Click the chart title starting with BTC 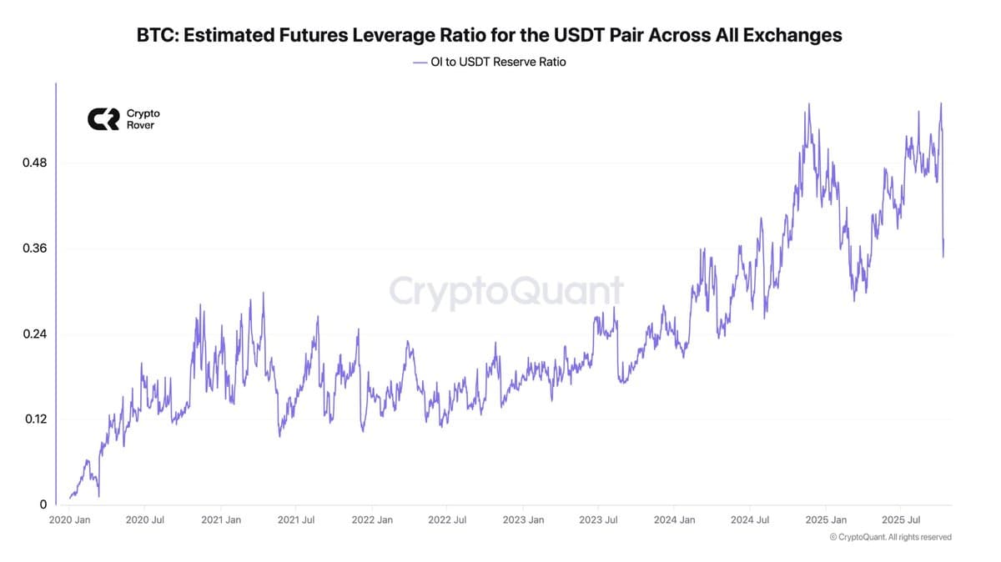point(489,35)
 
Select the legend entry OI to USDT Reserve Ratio point(490,62)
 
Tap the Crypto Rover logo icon point(103,119)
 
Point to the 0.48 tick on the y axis point(34,163)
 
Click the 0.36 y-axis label point(34,248)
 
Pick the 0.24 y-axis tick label point(34,334)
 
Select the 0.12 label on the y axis point(34,419)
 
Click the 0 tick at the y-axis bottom point(43,504)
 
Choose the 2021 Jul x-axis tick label point(296,520)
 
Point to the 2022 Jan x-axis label point(372,520)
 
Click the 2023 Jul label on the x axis point(599,520)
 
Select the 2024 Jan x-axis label point(674,520)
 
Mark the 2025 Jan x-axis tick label point(825,520)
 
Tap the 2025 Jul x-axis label point(901,520)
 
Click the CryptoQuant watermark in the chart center point(506,292)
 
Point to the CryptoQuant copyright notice point(890,538)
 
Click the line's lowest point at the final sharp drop point(943,257)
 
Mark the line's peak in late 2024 point(808,104)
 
